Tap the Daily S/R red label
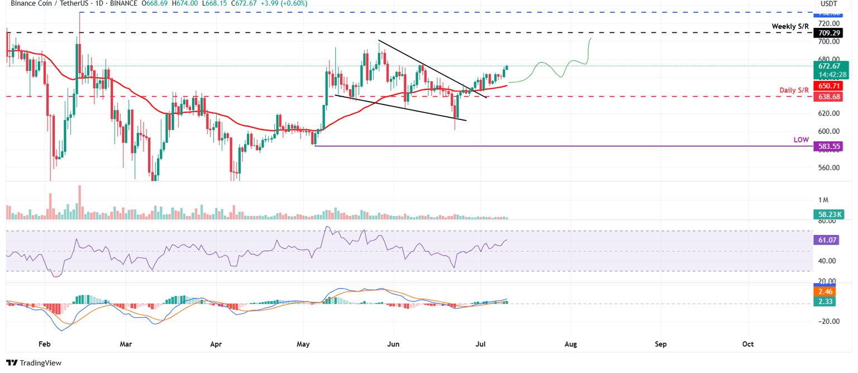pyautogui.click(x=796, y=90)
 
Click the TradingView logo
pyautogui.click(x=34, y=363)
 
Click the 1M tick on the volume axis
pyautogui.click(x=824, y=200)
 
